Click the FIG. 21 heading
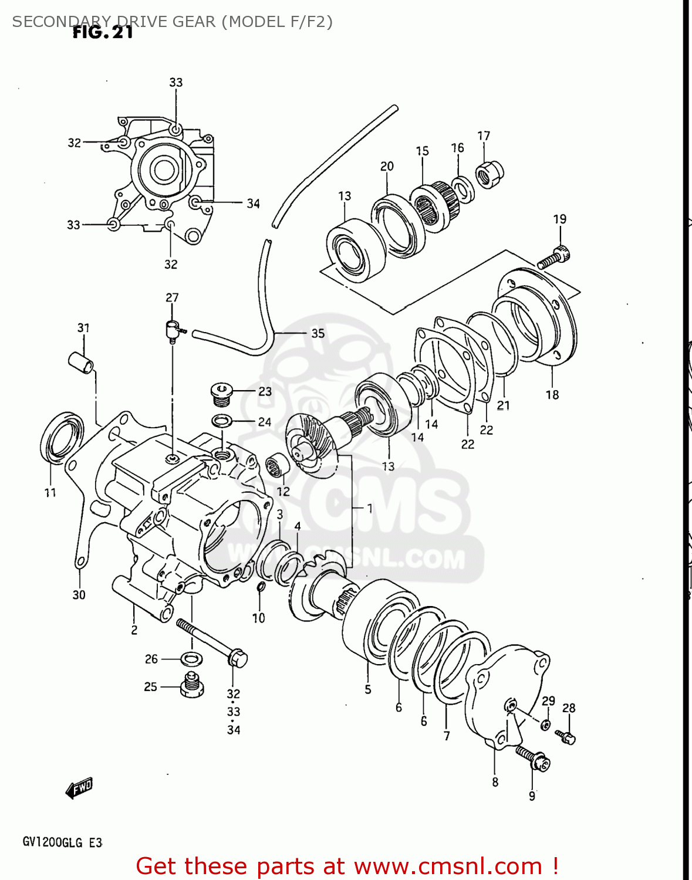point(103,33)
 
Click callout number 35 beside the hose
point(318,333)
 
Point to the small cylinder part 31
point(81,362)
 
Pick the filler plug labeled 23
point(222,394)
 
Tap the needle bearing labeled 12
point(276,467)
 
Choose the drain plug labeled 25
point(192,685)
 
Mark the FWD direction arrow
point(79,788)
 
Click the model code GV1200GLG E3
point(62,843)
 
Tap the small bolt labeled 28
point(566,736)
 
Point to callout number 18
point(552,395)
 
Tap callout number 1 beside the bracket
point(369,508)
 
